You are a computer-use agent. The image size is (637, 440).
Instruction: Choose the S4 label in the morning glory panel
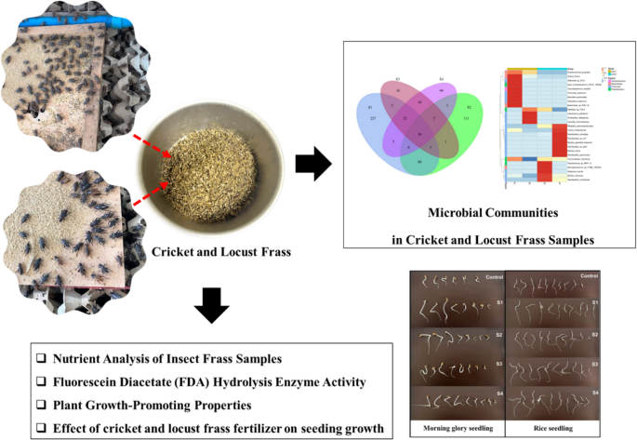(x=494, y=392)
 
